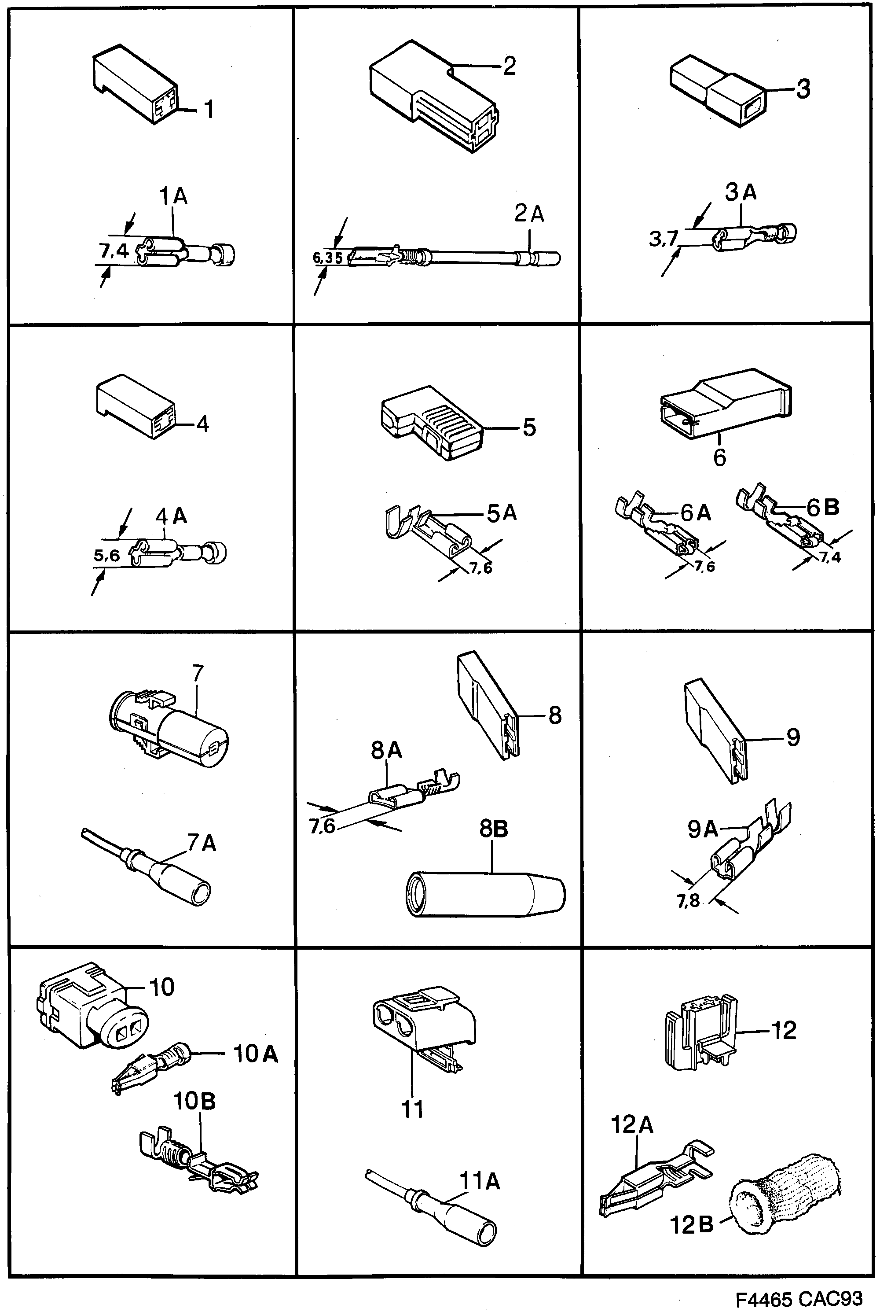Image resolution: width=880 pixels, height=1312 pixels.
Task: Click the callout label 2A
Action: pyautogui.click(x=529, y=214)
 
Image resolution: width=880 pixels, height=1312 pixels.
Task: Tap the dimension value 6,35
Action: pyautogui.click(x=327, y=258)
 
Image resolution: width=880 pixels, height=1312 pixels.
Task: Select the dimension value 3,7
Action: pyautogui.click(x=664, y=239)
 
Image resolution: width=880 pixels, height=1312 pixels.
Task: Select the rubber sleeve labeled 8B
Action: pyautogui.click(x=485, y=894)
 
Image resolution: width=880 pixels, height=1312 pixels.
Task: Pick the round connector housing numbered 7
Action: pyautogui.click(x=169, y=729)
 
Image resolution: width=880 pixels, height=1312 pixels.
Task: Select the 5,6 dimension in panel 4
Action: pyautogui.click(x=106, y=555)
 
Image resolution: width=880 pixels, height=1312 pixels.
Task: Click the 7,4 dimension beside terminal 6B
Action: pyautogui.click(x=829, y=557)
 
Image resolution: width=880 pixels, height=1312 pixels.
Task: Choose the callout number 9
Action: pyautogui.click(x=792, y=737)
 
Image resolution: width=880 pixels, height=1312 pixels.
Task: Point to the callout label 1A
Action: pyautogui.click(x=173, y=196)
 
